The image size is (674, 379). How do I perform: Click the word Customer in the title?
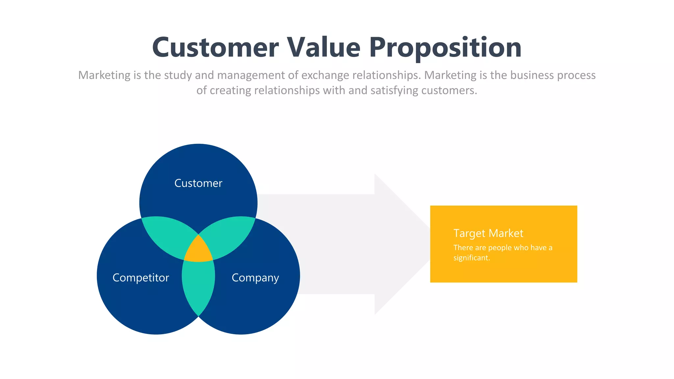(x=215, y=48)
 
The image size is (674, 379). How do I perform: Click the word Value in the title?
(x=324, y=48)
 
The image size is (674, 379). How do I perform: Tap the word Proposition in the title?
(x=445, y=48)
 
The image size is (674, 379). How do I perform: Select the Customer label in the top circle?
(x=198, y=183)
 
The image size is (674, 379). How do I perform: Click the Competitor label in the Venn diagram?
(x=141, y=278)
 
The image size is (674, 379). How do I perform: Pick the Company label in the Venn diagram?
(x=255, y=278)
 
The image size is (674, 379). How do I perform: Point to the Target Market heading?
(x=488, y=233)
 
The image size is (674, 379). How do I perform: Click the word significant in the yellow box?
(x=471, y=258)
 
